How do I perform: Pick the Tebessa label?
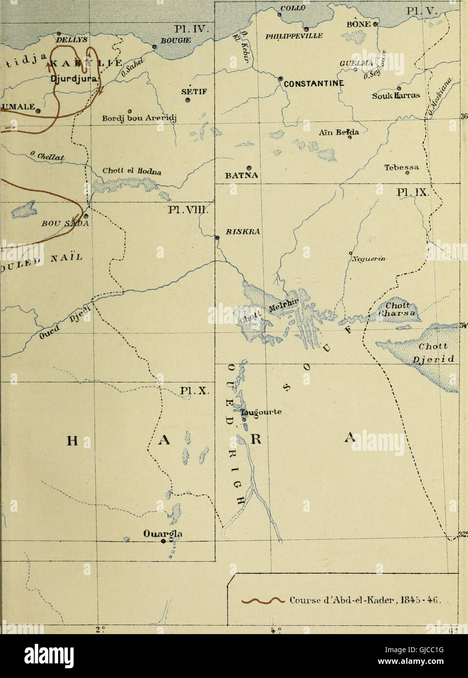pos(402,167)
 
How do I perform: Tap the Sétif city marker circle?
pos(188,101)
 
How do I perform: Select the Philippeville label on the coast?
pos(294,35)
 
